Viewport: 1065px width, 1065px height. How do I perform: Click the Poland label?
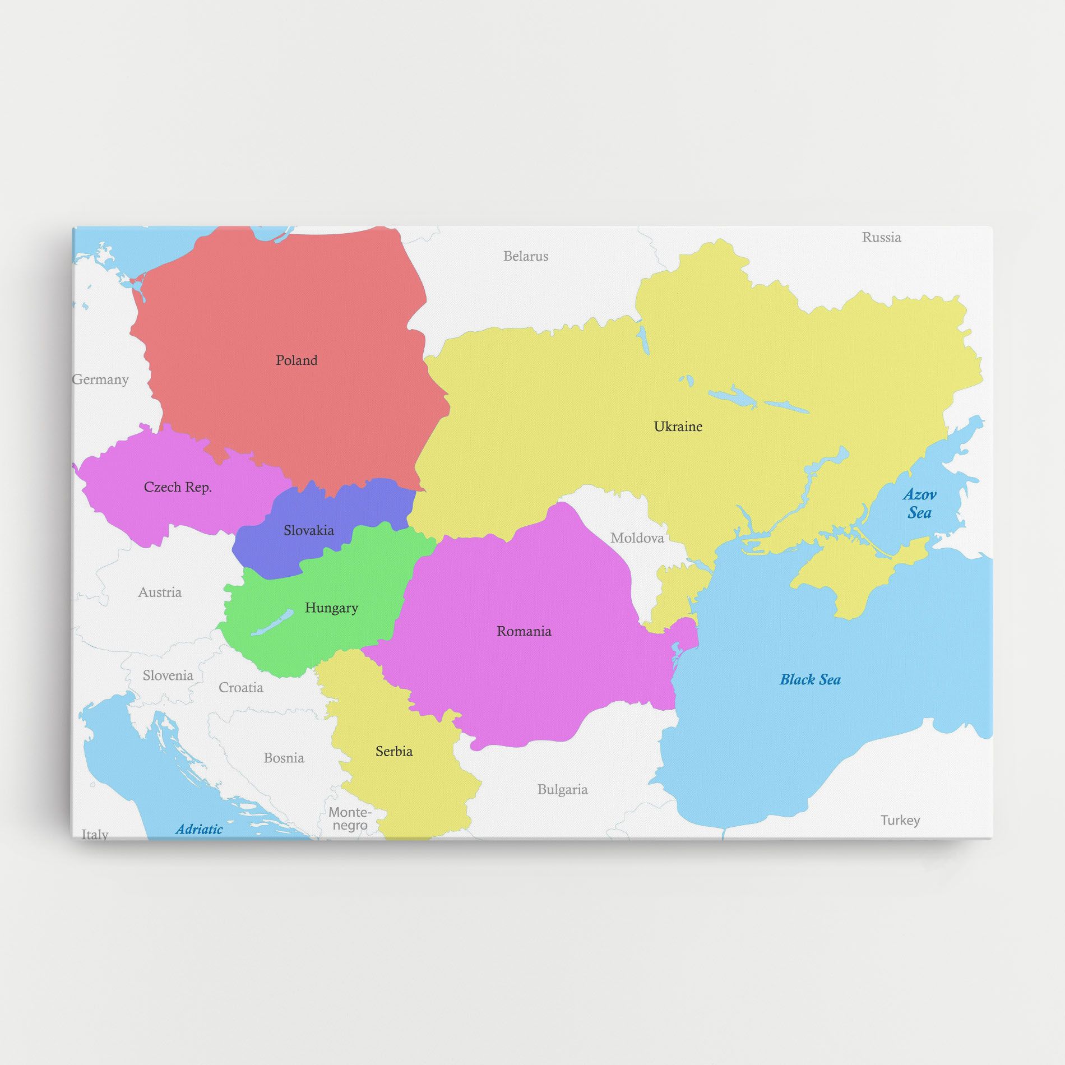point(297,360)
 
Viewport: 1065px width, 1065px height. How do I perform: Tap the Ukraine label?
point(678,427)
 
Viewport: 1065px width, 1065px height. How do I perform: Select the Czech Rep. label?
point(178,487)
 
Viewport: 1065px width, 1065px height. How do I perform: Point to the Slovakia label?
point(308,530)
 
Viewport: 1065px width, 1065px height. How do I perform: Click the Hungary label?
point(331,608)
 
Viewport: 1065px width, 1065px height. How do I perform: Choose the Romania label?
point(524,631)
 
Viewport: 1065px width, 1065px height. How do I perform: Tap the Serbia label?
point(394,751)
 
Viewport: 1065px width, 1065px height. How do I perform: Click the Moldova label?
point(637,538)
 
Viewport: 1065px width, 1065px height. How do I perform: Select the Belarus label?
point(525,256)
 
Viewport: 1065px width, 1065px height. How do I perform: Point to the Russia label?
point(881,238)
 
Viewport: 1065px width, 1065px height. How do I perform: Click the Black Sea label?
point(810,680)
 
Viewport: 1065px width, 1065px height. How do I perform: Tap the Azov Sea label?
point(919,503)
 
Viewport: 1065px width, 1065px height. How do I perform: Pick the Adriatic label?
point(199,829)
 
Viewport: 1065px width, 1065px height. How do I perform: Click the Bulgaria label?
point(562,789)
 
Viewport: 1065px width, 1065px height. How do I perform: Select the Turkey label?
point(900,820)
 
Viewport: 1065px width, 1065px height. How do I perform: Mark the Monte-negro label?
point(350,818)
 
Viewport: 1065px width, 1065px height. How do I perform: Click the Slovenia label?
point(168,675)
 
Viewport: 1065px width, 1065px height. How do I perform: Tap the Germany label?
point(101,379)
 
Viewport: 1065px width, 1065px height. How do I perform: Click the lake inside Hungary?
point(272,623)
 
